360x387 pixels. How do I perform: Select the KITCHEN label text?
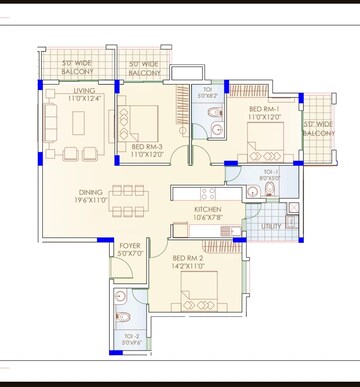[208, 209]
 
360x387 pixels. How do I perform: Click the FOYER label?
[130, 245]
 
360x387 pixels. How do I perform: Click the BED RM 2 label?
[193, 259]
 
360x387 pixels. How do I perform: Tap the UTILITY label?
[272, 227]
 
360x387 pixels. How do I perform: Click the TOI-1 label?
[271, 172]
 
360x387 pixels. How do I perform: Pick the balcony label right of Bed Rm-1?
[319, 128]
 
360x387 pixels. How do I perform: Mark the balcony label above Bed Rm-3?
[145, 69]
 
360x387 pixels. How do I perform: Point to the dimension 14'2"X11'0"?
[193, 268]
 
